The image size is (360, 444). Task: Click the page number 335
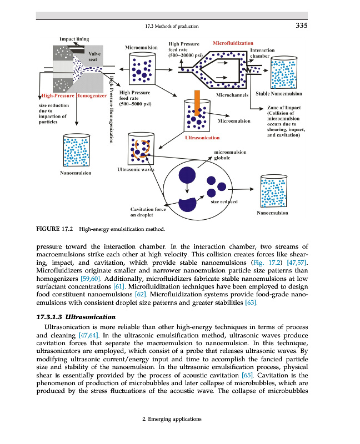302,25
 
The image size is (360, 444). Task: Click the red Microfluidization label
233,43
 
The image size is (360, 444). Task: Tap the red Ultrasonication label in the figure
202,137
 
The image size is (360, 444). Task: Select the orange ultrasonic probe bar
197,100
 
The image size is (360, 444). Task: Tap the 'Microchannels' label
232,95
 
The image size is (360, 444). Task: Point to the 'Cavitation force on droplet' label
148,211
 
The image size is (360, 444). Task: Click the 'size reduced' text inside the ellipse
224,201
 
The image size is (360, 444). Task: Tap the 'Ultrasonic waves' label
135,169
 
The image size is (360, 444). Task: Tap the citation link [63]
252,303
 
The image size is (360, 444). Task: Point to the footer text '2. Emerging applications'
172,418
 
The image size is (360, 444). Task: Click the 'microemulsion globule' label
231,154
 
